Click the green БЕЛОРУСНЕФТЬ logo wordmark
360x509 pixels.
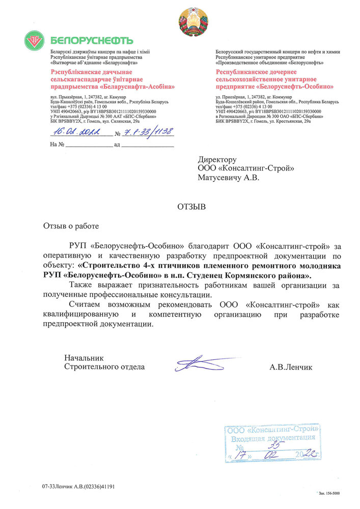tap(92, 40)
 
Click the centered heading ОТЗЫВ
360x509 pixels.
tap(191, 207)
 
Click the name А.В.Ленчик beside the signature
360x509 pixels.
tap(291, 366)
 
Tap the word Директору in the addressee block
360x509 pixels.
tap(217, 160)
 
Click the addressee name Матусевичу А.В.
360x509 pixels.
tap(229, 178)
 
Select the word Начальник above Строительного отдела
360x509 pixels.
tap(84, 358)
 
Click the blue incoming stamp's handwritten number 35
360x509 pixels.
tap(278, 446)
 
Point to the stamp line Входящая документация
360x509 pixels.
tap(272, 438)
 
